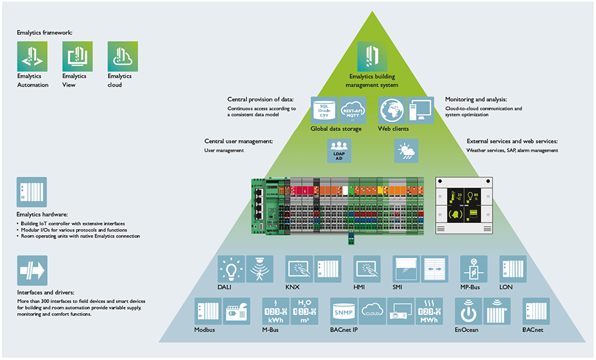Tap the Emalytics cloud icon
123,56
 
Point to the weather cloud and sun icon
405,152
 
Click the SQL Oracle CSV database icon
324,110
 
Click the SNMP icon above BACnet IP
344,311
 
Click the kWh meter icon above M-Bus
275,311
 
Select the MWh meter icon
428,311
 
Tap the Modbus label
205,330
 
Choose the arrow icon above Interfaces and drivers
32,270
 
